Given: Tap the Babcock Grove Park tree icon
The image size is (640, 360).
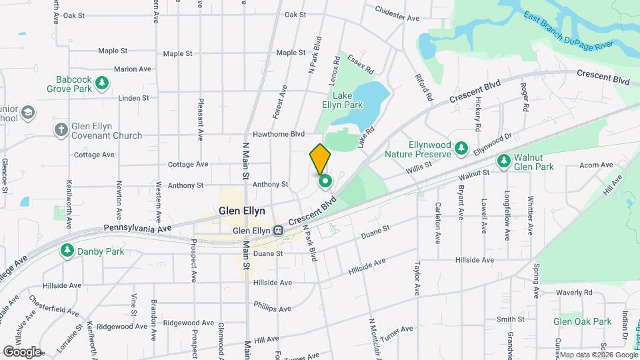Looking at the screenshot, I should tap(102, 83).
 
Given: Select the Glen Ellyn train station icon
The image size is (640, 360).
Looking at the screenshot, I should tap(278, 231).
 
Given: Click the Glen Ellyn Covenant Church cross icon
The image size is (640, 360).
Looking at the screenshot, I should tap(61, 129).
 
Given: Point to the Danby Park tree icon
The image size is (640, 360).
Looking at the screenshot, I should tap(67, 251).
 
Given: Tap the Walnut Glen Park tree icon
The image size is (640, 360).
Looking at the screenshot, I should tap(505, 160).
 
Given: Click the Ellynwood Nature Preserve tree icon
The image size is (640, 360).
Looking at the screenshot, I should tap(460, 147).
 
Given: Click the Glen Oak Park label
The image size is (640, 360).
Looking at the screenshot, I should tap(582, 321).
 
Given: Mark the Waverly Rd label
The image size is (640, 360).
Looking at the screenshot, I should tap(574, 293).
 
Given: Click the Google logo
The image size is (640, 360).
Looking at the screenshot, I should tap(21, 351).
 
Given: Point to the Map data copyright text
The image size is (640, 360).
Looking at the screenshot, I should tap(597, 354).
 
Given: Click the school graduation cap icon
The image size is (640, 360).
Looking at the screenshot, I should tap(29, 112).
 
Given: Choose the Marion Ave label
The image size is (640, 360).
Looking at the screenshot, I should tap(133, 69).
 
